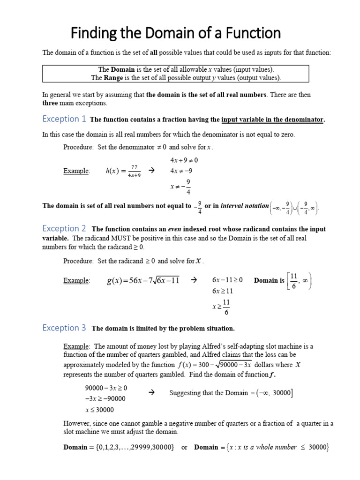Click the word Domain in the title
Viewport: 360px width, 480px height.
(x=157, y=34)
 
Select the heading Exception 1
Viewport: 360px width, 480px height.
(x=64, y=119)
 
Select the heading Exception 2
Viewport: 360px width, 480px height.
(x=64, y=228)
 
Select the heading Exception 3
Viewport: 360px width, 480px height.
(x=64, y=328)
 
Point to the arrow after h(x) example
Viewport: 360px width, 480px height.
(x=151, y=171)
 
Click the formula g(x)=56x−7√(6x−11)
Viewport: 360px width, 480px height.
(x=143, y=281)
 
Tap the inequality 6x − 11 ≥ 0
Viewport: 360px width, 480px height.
(x=227, y=280)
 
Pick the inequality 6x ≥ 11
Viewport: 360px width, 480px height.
(x=223, y=291)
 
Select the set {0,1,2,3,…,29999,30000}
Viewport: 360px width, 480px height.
(x=132, y=447)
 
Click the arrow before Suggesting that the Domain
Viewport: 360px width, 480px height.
(x=151, y=392)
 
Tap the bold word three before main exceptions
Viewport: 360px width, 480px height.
(x=50, y=103)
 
